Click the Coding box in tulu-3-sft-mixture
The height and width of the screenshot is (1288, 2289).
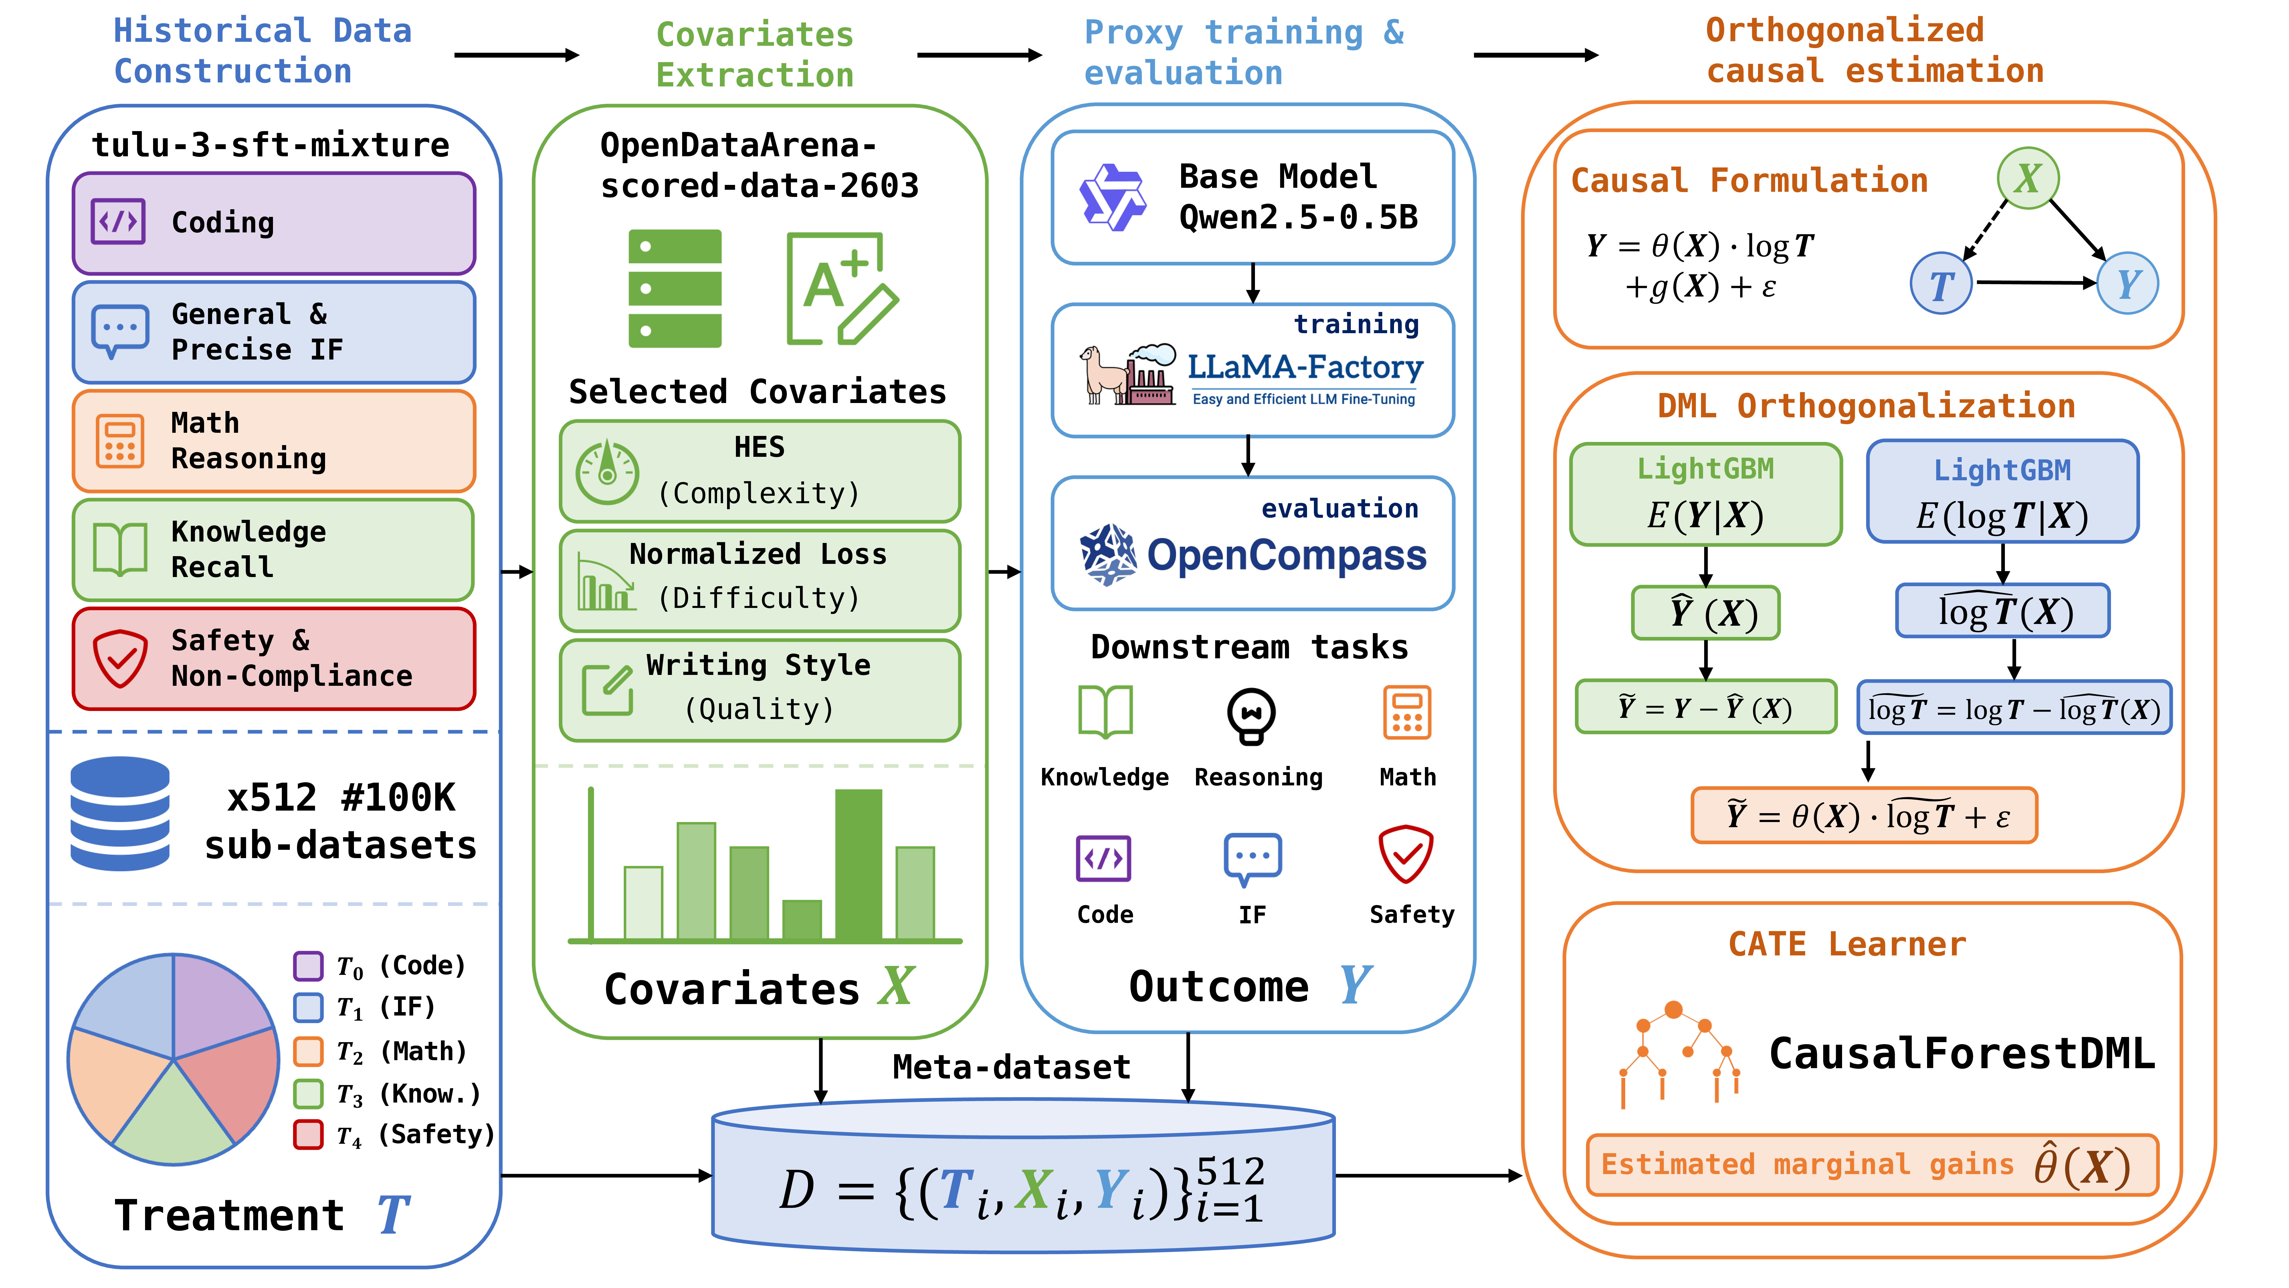(x=274, y=223)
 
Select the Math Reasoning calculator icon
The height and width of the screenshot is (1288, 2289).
(x=119, y=441)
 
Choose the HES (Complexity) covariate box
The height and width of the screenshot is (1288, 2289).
(x=760, y=471)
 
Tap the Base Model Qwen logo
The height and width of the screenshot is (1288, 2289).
(x=1112, y=197)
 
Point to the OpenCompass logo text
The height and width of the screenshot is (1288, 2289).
(x=1287, y=556)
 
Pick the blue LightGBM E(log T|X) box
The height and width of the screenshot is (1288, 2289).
(x=2003, y=491)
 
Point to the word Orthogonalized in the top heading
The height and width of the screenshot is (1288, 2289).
(x=1845, y=30)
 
